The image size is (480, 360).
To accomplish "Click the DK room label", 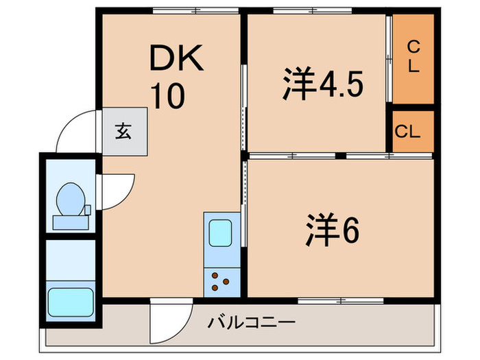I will pos(178,60).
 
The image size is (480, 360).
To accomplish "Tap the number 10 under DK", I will pos(168,97).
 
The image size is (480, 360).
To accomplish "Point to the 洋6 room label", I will pos(332,232).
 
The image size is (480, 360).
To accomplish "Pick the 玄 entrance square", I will pos(124,132).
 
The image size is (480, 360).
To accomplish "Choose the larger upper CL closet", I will pos(413,58).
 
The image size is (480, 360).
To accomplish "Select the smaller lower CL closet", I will pos(413,131).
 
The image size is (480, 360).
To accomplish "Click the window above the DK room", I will pos(195,10).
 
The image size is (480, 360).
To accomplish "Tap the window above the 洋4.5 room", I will pos(312,10).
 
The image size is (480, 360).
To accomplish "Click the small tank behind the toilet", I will pos(87,208).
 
